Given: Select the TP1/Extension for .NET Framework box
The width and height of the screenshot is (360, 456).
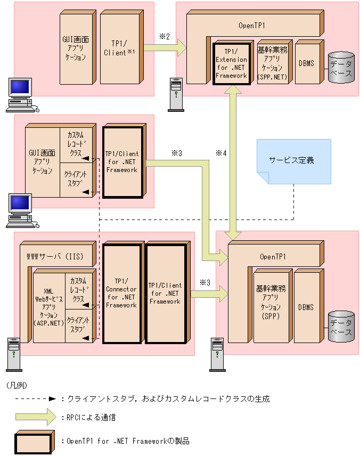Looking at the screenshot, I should pos(232,63).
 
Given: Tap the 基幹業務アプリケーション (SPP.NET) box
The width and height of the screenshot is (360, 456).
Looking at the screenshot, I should pos(272,63).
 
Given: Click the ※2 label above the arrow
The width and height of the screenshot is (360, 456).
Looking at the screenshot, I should pos(164,36).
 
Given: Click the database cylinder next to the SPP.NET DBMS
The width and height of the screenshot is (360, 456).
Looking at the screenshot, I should pos(341,68).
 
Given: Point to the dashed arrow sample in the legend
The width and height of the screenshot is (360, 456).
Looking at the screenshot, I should pos(35,398).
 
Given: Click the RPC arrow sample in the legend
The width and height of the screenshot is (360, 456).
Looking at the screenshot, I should pos(35,417).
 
